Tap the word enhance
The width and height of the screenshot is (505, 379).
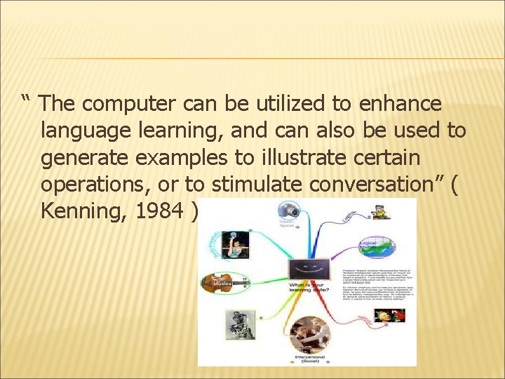pos(400,105)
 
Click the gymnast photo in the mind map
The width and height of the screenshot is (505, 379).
pos(236,244)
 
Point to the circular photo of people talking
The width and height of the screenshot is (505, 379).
pos(309,332)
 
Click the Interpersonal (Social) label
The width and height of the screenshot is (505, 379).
pos(309,358)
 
